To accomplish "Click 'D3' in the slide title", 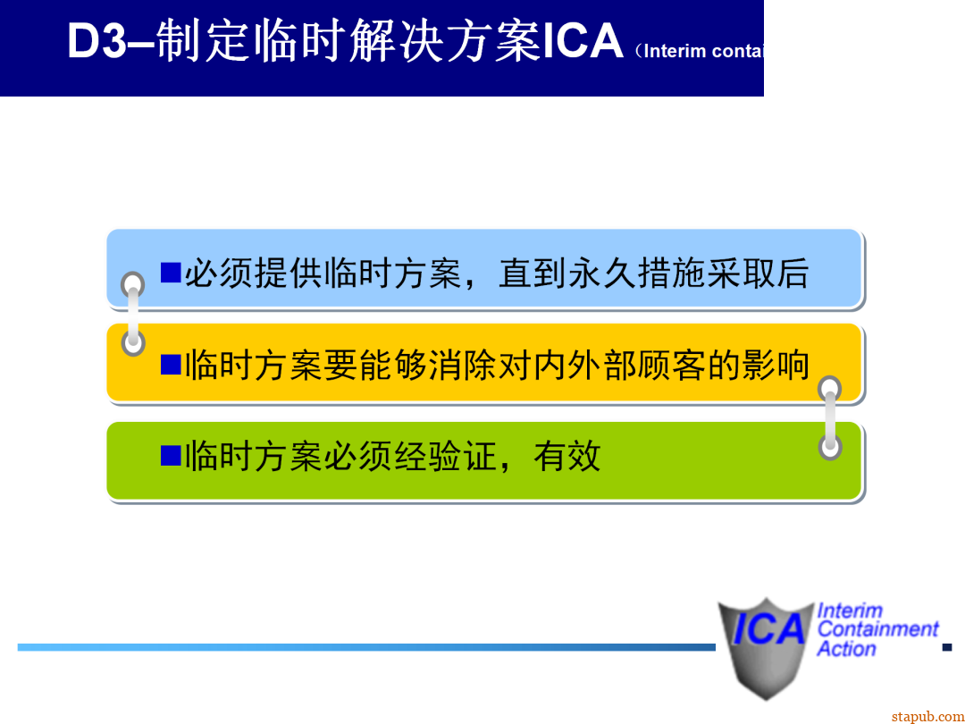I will pyautogui.click(x=98, y=41).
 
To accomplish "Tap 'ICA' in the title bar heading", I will pyautogui.click(x=583, y=41).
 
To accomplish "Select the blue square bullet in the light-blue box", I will pyautogui.click(x=171, y=272).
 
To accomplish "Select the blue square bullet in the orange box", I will pyautogui.click(x=171, y=364).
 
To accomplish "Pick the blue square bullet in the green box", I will pyautogui.click(x=171, y=455).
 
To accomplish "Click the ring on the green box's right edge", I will pyautogui.click(x=831, y=447).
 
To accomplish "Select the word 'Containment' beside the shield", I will pyautogui.click(x=878, y=629).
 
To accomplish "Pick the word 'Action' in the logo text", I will pyautogui.click(x=846, y=649).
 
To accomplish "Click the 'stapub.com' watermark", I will pyautogui.click(x=927, y=715).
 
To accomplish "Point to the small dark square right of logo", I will pyautogui.click(x=948, y=646).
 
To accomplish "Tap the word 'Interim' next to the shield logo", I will pyautogui.click(x=850, y=610).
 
